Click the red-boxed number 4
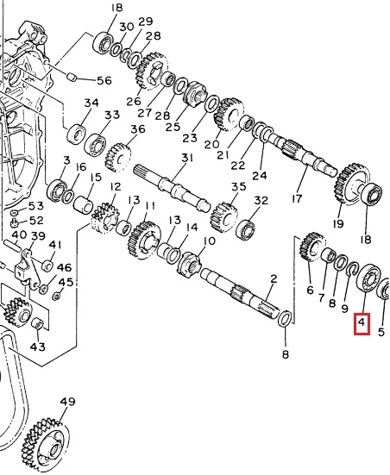(x=362, y=322)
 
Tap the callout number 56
(x=104, y=80)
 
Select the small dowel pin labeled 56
(x=71, y=77)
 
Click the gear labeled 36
(x=118, y=158)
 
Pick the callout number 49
(x=67, y=402)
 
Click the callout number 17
(x=297, y=199)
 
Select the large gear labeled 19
(x=353, y=184)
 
